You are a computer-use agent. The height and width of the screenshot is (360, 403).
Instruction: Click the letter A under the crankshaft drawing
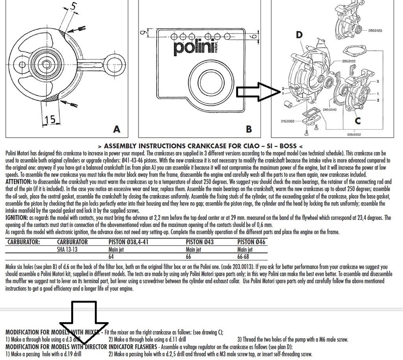[x=116, y=129]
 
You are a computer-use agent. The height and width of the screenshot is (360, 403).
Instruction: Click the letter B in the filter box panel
[x=249, y=129]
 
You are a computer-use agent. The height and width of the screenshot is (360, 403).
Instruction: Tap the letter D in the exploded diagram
[x=299, y=35]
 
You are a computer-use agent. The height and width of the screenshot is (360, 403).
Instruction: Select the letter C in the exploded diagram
[x=358, y=120]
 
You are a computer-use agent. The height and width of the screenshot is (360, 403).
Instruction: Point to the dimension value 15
[x=50, y=120]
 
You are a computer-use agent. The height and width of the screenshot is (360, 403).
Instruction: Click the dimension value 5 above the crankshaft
[x=74, y=6]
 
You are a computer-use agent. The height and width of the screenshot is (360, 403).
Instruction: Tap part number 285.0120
[x=375, y=31]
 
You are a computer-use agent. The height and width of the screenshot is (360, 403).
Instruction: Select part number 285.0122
[x=349, y=61]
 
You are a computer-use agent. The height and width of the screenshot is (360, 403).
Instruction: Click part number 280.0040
[x=329, y=110]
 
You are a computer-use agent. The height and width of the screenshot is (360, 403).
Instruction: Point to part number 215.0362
[x=288, y=121]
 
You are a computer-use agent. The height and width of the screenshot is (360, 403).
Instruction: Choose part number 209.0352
[x=354, y=135]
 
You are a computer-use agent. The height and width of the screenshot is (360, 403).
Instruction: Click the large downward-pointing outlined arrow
[x=84, y=323]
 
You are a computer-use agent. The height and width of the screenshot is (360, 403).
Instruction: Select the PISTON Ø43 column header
[x=200, y=242]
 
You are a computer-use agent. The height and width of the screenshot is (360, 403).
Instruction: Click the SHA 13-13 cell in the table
[x=67, y=249]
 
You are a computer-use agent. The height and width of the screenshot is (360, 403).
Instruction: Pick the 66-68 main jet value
[x=243, y=257]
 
